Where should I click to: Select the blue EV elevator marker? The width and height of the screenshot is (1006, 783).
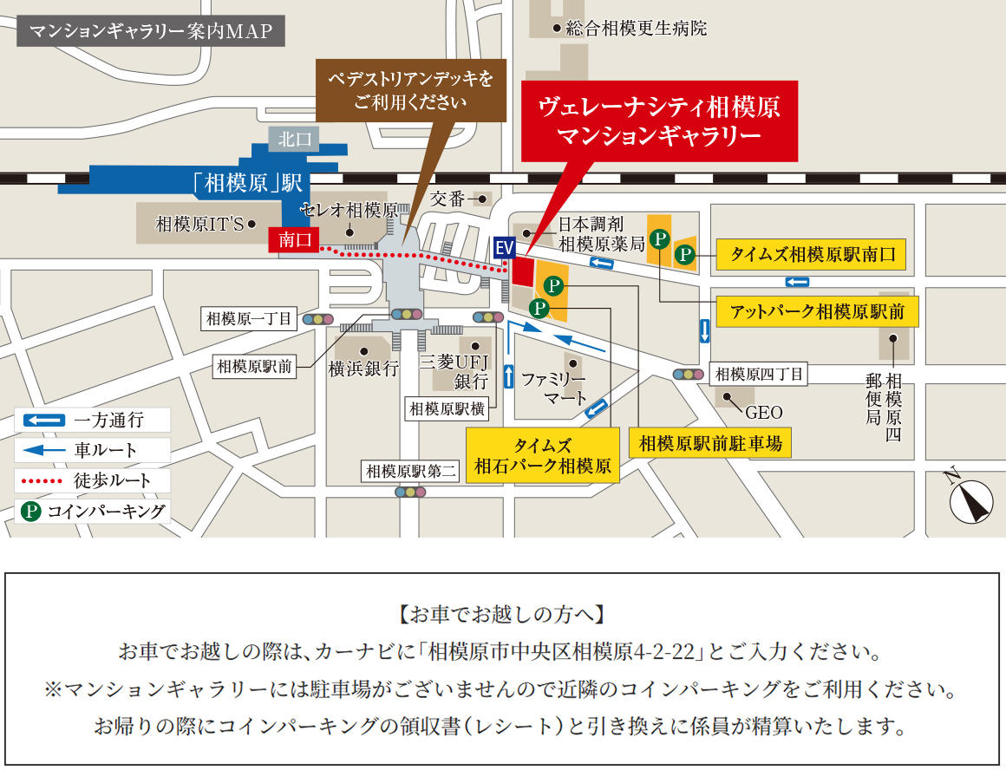[x=504, y=248]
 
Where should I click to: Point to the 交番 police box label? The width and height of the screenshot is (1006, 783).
[x=449, y=199]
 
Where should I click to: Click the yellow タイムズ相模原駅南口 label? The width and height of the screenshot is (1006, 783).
[x=812, y=255]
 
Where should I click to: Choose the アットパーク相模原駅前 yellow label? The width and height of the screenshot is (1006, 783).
[x=818, y=311]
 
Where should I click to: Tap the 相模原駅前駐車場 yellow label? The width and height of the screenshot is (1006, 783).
[x=710, y=444]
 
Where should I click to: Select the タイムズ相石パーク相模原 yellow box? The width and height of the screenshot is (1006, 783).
[x=543, y=456]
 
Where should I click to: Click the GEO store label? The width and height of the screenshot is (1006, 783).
[x=763, y=412]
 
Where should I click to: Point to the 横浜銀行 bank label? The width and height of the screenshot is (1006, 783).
[x=363, y=369]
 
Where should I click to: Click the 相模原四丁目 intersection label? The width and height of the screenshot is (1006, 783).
[x=759, y=375]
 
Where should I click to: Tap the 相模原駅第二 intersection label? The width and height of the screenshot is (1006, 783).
[x=411, y=472]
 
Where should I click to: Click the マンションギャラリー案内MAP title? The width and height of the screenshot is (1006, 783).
[x=151, y=32]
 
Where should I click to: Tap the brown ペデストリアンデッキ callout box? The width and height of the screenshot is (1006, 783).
[x=409, y=90]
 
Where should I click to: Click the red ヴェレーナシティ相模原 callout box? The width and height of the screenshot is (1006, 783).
[x=659, y=121]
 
